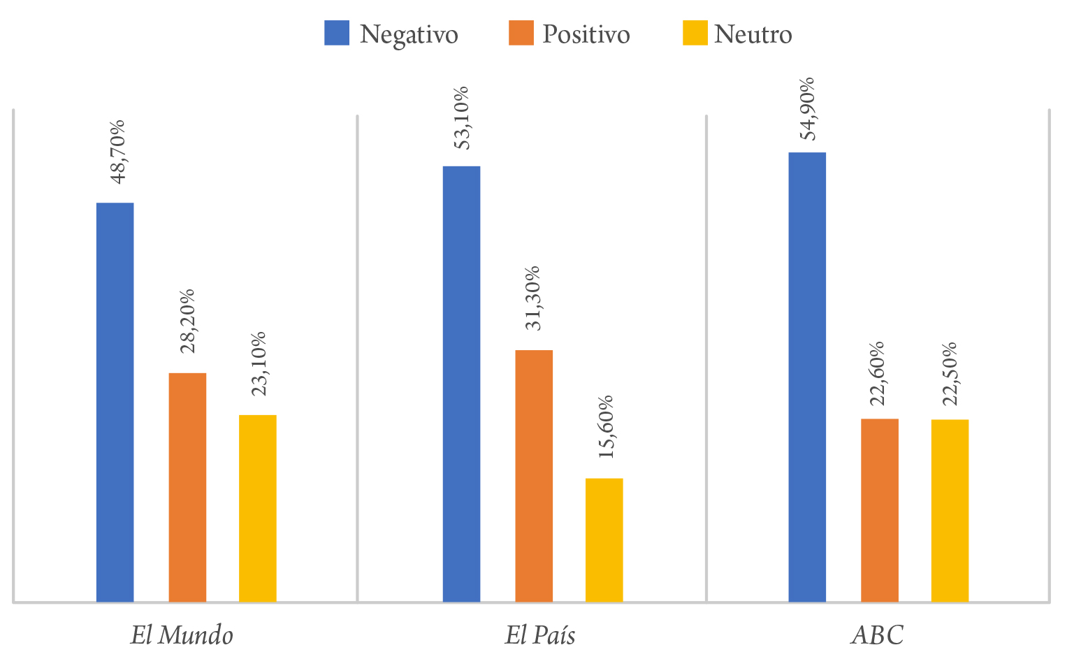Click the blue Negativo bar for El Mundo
click(115, 402)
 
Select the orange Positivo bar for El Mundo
click(187, 487)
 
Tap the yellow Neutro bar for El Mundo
click(257, 508)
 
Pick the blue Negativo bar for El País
click(461, 384)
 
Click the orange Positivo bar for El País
click(534, 475)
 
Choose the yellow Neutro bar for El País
click(604, 540)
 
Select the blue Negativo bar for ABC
click(807, 377)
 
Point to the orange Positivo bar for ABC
click(879, 510)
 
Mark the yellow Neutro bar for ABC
click(950, 510)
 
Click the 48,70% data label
click(118, 152)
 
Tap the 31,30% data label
click(532, 298)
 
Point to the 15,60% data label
click(605, 426)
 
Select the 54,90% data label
click(807, 108)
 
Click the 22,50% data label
click(949, 373)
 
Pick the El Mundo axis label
click(182, 635)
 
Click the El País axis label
click(540, 635)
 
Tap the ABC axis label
click(877, 635)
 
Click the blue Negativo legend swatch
click(337, 33)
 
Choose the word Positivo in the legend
click(586, 34)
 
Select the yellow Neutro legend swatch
click(695, 33)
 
